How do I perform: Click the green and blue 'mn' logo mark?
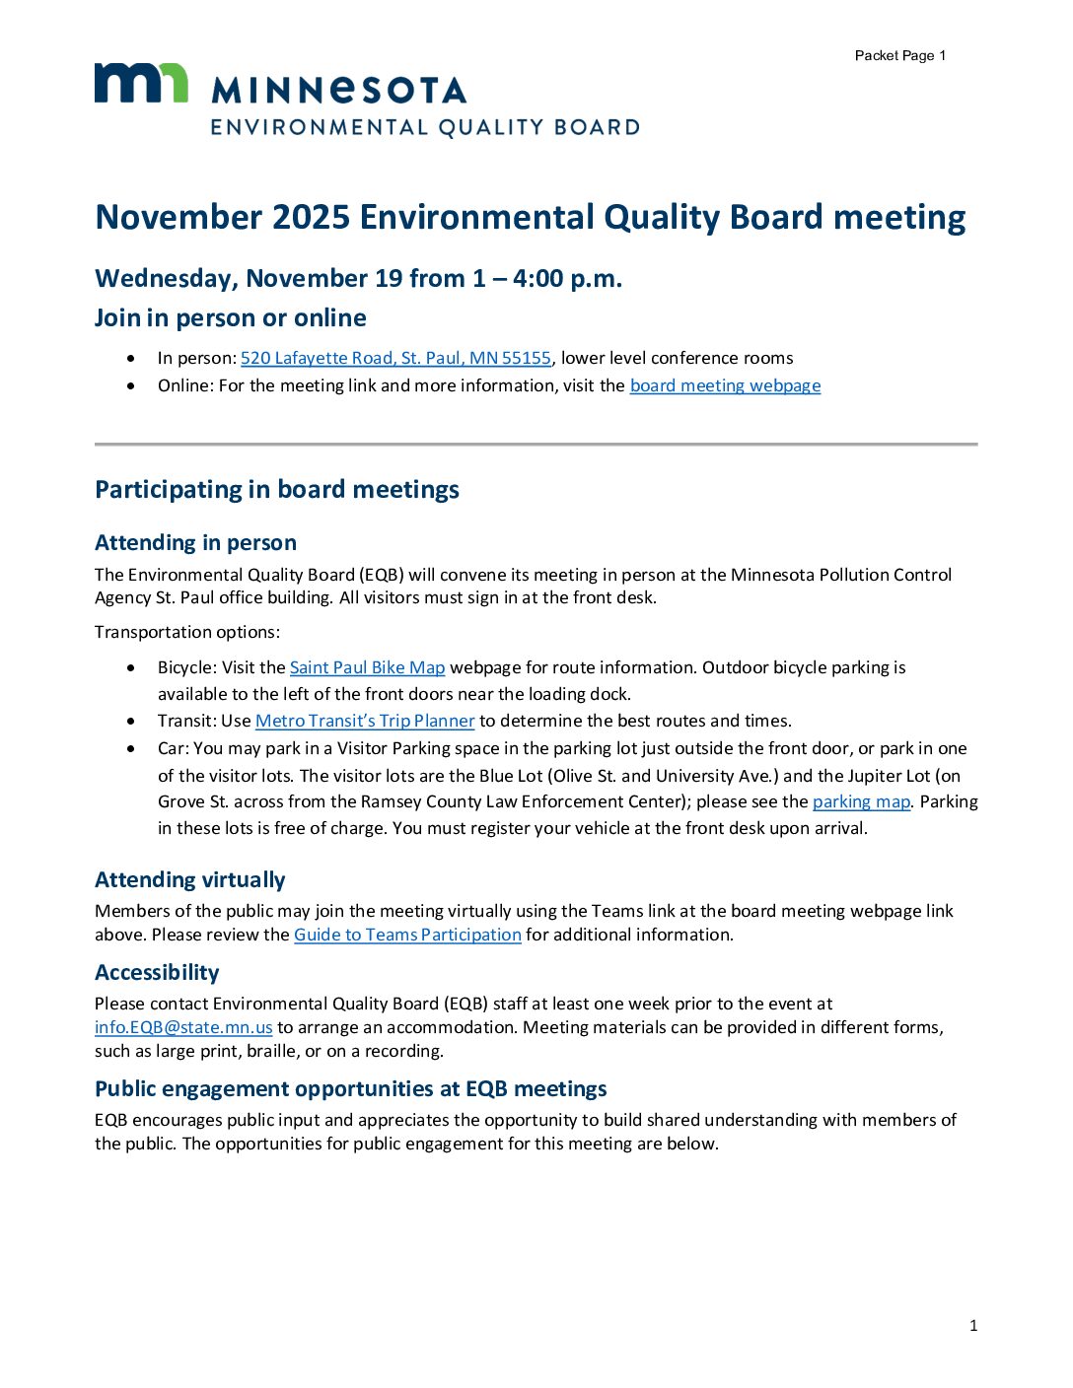click(x=141, y=83)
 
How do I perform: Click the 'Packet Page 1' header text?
click(x=899, y=56)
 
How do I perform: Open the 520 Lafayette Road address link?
click(x=395, y=358)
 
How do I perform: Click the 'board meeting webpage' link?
click(x=725, y=385)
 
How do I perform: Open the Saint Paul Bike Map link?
click(x=367, y=667)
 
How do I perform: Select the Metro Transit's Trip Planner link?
click(x=365, y=721)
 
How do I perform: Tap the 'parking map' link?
click(x=861, y=801)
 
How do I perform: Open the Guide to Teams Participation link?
click(x=407, y=935)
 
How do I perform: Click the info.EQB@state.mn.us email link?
click(x=183, y=1027)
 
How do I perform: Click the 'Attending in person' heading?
click(x=195, y=542)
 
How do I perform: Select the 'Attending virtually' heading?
click(x=189, y=879)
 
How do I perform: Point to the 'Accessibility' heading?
click(x=157, y=972)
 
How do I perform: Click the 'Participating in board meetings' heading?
click(x=277, y=490)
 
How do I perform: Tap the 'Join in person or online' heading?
click(x=231, y=317)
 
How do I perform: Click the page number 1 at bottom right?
click(x=973, y=1326)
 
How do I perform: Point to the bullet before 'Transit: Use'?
click(x=132, y=721)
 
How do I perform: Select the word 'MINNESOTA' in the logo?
click(x=338, y=91)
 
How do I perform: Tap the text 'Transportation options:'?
click(x=187, y=632)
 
